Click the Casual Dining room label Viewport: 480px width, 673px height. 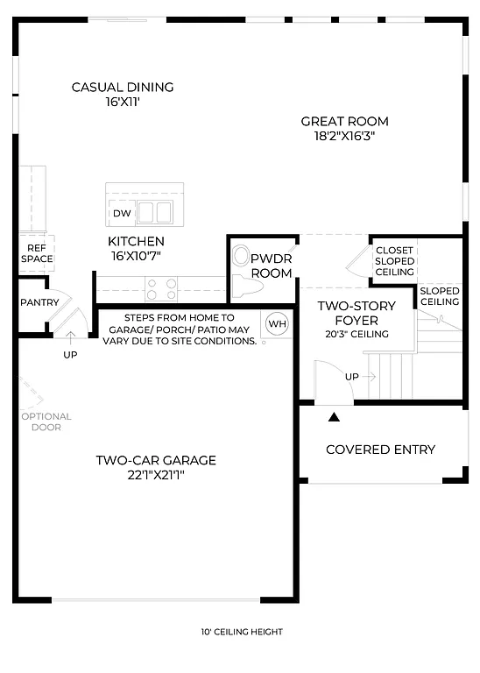pos(123,87)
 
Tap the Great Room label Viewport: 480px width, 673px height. pos(344,122)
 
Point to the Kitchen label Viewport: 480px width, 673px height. pos(136,241)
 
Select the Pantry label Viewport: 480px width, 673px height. pos(39,303)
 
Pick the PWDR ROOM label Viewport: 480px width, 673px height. pos(271,266)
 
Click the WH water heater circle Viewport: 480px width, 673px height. pos(277,323)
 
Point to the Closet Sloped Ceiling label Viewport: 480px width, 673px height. pos(394,261)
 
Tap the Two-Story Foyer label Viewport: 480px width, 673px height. pos(356,313)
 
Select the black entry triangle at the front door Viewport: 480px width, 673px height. pos(334,417)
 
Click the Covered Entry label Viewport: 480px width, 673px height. pos(380,450)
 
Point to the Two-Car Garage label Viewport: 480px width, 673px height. pos(156,460)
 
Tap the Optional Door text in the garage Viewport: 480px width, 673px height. pos(46,422)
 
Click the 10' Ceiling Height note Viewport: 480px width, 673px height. pos(241,632)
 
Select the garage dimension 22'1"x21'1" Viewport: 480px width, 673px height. pos(156,475)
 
